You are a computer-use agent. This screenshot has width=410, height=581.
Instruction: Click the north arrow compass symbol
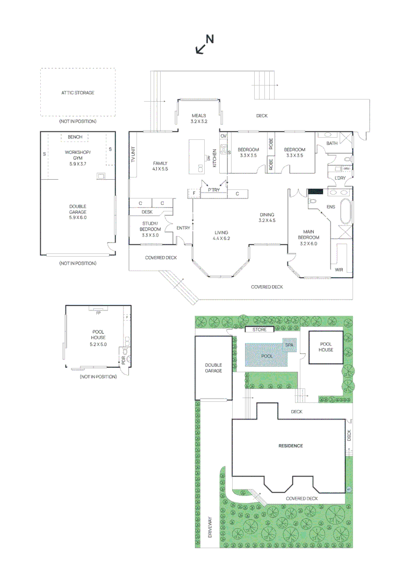click(x=204, y=45)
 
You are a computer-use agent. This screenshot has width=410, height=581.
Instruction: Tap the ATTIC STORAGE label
click(x=77, y=93)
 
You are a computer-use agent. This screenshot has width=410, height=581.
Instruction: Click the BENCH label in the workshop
click(x=75, y=137)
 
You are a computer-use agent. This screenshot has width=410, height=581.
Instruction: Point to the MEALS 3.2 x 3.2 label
click(x=198, y=118)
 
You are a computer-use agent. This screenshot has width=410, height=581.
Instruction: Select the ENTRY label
click(x=183, y=228)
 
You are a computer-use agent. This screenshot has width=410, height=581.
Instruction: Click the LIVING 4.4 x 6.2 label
click(x=221, y=235)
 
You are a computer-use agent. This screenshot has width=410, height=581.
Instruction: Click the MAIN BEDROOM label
click(x=309, y=238)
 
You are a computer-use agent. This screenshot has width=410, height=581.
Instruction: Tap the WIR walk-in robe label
click(x=339, y=269)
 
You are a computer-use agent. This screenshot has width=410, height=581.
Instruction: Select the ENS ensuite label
click(x=331, y=207)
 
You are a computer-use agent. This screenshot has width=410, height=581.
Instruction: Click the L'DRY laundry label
click(x=340, y=178)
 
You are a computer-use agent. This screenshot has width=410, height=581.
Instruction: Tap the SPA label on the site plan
click(x=289, y=345)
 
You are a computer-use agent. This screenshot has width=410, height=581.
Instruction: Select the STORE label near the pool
click(x=260, y=329)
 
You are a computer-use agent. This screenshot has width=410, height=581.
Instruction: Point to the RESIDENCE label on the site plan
click(x=290, y=446)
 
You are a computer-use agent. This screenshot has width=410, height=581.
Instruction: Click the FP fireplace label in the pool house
click(x=98, y=313)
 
